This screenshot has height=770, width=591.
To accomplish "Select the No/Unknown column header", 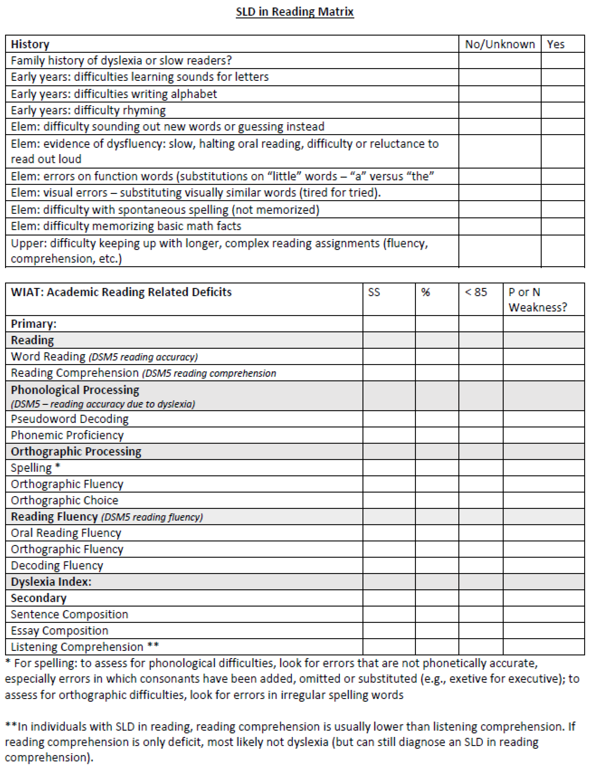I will pos(500,44).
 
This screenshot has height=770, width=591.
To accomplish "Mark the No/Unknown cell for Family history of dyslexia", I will pos(500,60).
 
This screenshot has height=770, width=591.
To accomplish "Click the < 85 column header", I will pos(476,292).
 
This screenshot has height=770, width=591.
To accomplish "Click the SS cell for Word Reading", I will pos(389,356).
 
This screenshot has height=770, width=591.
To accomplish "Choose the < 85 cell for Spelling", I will pos(481,467).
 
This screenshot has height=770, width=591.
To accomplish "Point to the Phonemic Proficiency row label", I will pos(67,435).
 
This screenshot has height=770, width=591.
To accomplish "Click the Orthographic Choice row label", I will pos(64,500).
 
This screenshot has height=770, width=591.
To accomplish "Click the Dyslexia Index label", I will pos(51,582).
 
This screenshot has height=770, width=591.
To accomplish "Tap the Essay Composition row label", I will pos(59,630).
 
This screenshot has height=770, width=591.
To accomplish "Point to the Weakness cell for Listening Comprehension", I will pos(543,647).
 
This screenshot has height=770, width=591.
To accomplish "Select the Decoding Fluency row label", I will pos(57,565).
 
